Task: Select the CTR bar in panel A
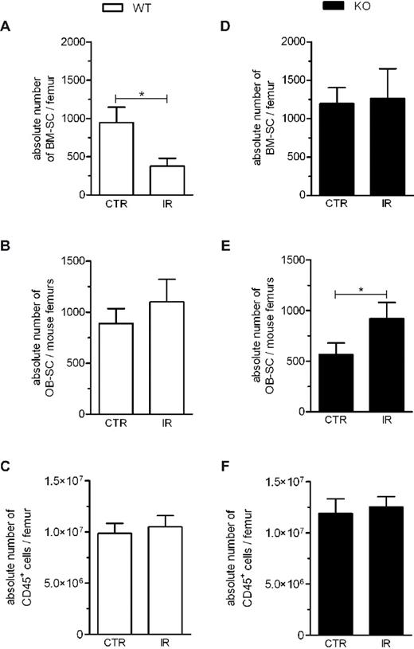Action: (x=116, y=158)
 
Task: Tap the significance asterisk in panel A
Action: (x=142, y=94)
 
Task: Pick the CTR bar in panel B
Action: (x=116, y=368)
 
